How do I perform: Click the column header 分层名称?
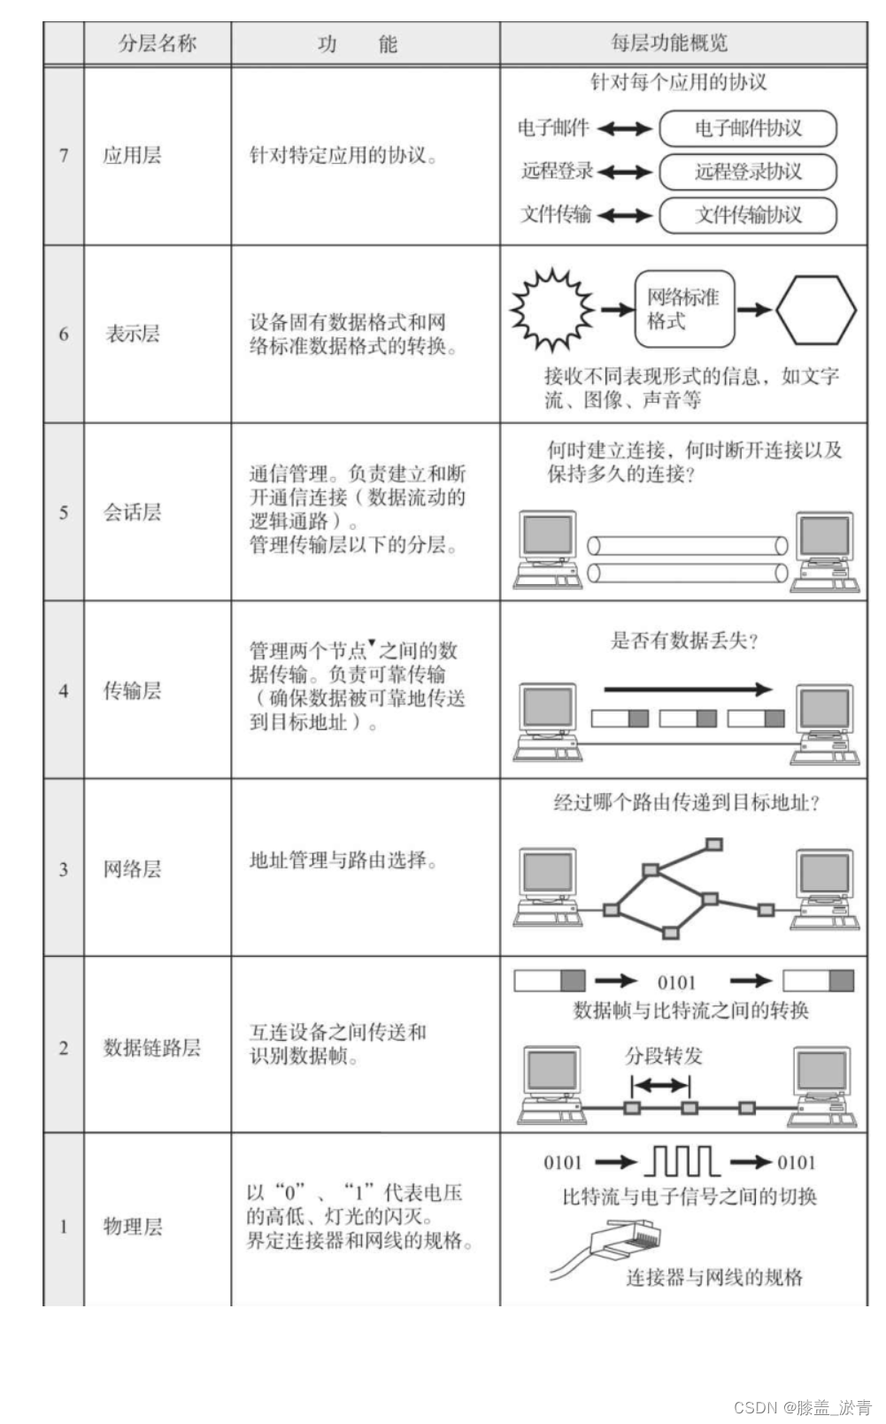[158, 43]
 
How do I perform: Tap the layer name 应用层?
[132, 156]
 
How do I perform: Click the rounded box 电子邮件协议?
[748, 128]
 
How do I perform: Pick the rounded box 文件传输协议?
[748, 215]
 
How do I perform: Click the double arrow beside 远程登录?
[625, 172]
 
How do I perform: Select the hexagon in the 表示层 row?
[815, 309]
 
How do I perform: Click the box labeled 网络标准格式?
[684, 309]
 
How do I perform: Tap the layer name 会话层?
[132, 512]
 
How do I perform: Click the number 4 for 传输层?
[64, 690]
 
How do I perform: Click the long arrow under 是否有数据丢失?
[688, 689]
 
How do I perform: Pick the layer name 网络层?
[132, 869]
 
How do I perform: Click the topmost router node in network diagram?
[714, 844]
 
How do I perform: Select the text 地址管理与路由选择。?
[343, 860]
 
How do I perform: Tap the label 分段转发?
[664, 1056]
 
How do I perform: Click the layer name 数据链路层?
[151, 1048]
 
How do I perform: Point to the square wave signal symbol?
[682, 1161]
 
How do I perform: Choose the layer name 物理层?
[132, 1227]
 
